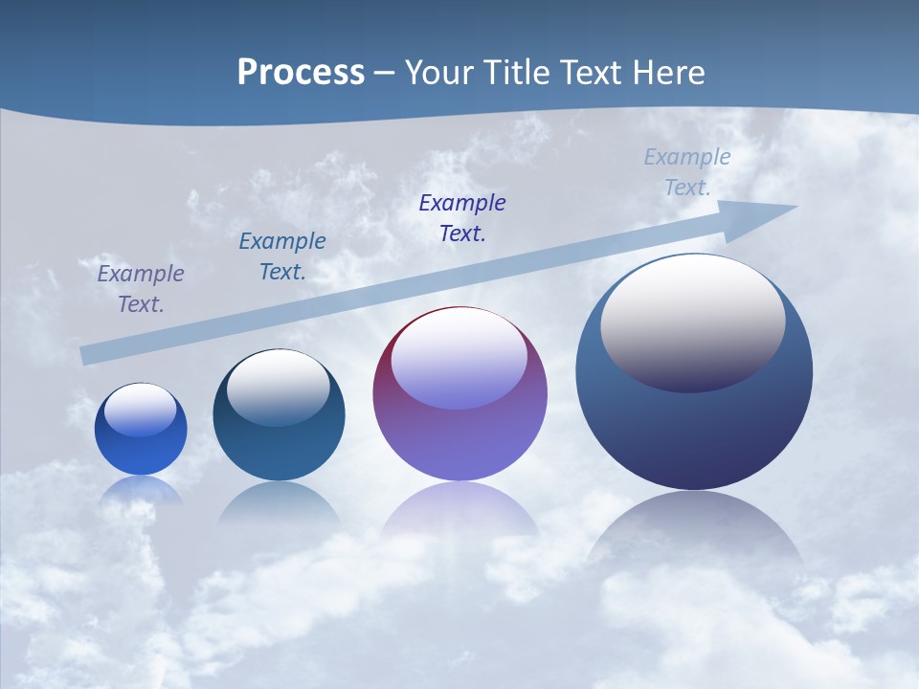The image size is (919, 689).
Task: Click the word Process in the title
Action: click(x=301, y=73)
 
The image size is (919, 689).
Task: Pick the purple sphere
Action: click(x=459, y=440)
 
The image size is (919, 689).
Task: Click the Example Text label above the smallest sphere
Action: click(x=141, y=288)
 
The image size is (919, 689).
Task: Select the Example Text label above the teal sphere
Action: click(x=282, y=256)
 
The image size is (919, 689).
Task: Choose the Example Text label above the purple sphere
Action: click(x=462, y=217)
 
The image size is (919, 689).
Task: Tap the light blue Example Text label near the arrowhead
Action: click(x=687, y=171)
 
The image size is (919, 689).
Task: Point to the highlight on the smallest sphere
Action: click(x=141, y=411)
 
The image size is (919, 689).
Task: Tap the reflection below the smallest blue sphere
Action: click(x=141, y=490)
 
